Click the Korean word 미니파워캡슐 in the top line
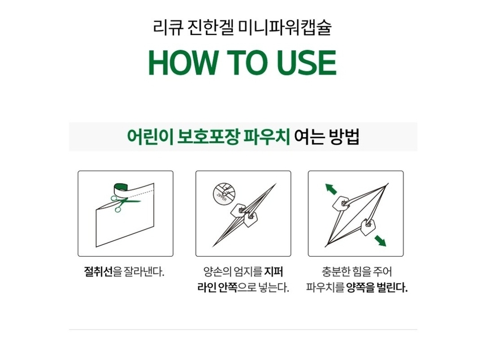coord(285,27)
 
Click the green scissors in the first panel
coord(123,203)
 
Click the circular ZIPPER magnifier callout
coord(224,193)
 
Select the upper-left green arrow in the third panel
coord(331,189)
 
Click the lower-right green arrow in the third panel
coord(380,241)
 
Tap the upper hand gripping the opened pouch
coord(341,203)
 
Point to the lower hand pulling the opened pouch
coord(367,227)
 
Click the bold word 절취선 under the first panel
coord(98,272)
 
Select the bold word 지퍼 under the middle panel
coord(274,272)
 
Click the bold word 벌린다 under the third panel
coord(392,288)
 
